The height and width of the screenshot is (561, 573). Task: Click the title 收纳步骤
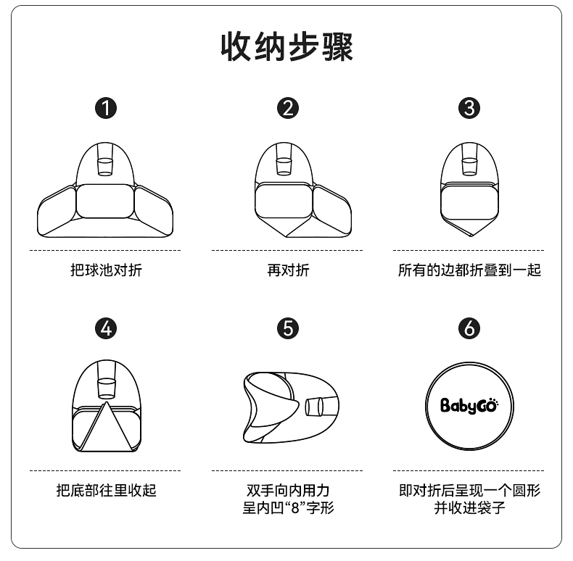286,46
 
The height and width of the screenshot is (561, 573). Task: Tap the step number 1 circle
106,108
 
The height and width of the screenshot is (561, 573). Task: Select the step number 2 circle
288,108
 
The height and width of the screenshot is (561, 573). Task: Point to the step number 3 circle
469,108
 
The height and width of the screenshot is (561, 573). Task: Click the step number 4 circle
106,328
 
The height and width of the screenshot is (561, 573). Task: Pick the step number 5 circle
288,328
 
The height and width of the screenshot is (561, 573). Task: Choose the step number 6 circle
469,328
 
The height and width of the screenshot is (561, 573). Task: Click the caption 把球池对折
106,270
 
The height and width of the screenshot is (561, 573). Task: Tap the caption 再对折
288,270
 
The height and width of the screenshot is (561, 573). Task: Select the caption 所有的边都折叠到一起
469,270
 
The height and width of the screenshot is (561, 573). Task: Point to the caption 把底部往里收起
106,490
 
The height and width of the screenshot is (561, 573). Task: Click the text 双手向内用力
288,490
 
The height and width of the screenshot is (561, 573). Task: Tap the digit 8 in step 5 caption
295,508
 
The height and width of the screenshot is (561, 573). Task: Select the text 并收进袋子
469,507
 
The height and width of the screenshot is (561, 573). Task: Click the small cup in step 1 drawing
105,167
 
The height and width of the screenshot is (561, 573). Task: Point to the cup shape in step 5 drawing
314,407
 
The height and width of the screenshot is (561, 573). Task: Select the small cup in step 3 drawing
469,167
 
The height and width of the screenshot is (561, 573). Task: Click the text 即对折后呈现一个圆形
469,490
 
